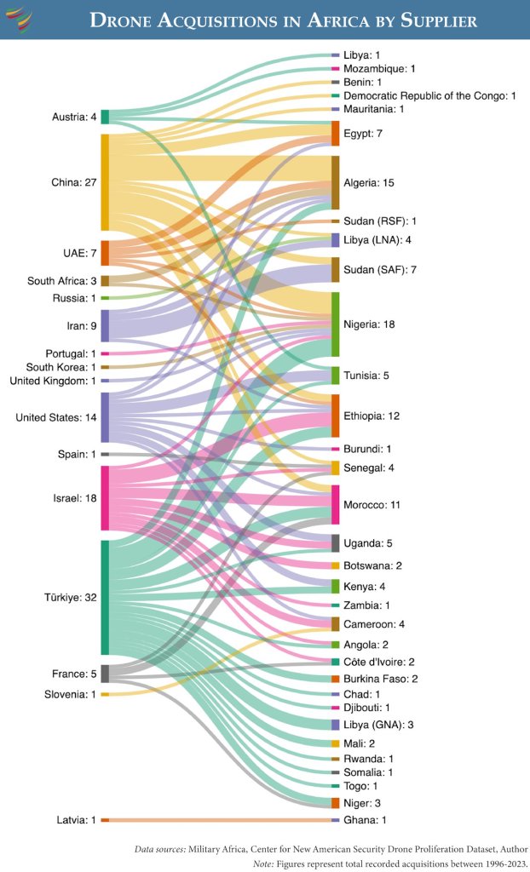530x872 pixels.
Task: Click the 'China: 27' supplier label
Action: tap(72, 182)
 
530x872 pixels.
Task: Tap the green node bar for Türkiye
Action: tap(105, 597)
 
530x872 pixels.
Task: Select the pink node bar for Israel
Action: tap(105, 498)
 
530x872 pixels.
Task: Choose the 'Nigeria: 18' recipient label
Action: tap(371, 324)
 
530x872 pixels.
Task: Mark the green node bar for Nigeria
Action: tap(336, 324)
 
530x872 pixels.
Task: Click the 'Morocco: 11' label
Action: tap(372, 505)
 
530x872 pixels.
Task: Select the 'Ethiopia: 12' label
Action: tap(372, 416)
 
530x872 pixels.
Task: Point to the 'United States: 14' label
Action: tap(55, 417)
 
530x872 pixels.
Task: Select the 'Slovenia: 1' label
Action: tap(69, 695)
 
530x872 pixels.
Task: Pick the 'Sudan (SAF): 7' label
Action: tap(378, 270)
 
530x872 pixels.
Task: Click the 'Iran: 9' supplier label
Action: tap(76, 325)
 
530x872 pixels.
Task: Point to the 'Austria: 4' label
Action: tap(72, 117)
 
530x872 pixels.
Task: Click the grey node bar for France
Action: tap(105, 674)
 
